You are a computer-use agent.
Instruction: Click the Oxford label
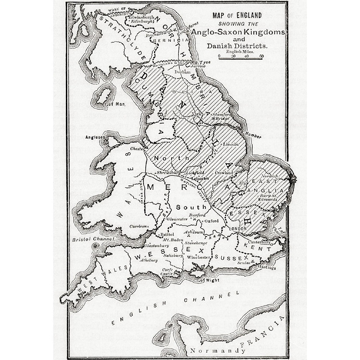pyautogui.click(x=212, y=221)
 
